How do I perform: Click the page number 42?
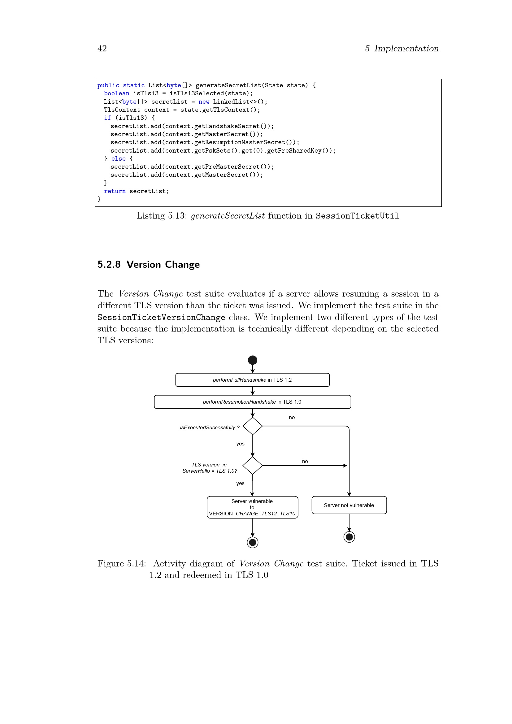[102, 49]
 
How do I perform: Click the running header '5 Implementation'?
[402, 49]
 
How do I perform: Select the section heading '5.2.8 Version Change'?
[149, 264]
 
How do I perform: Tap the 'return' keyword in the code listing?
[115, 191]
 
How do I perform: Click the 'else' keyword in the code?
[118, 158]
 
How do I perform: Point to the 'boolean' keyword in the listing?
[117, 93]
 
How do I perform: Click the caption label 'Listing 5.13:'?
[162, 216]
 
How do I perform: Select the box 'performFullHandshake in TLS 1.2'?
[252, 380]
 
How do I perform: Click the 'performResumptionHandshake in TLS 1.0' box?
[252, 402]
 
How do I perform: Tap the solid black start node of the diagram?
[253, 360]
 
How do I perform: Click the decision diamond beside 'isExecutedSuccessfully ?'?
[253, 426]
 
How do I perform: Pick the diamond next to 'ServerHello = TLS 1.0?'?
[253, 466]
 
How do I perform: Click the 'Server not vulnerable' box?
[349, 505]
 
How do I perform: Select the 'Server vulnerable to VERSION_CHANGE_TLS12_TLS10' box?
[252, 507]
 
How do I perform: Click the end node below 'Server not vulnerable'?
[349, 537]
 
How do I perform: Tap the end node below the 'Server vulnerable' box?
[253, 542]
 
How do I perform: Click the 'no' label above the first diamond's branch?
[292, 418]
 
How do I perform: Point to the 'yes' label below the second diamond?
[240, 483]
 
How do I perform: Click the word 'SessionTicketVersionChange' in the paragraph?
[161, 317]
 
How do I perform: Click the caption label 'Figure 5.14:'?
[122, 563]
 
